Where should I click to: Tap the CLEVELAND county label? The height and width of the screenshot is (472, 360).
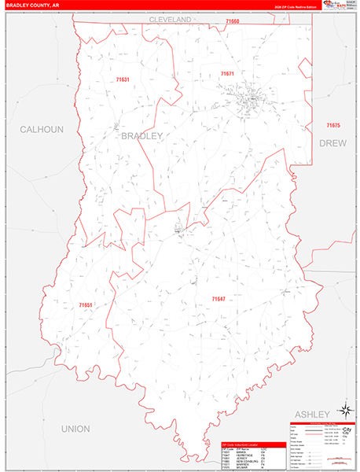171,18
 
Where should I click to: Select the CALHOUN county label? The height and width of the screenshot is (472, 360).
41,129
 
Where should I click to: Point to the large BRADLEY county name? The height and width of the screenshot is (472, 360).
142,136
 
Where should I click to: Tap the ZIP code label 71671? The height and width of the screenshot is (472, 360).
227,73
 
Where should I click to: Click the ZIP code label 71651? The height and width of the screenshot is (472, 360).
86,305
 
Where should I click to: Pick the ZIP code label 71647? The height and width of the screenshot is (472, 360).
219,299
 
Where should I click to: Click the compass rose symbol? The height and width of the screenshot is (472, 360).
344,409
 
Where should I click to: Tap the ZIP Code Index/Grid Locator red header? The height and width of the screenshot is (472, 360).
250,444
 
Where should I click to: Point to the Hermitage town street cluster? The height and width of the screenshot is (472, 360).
180,230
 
